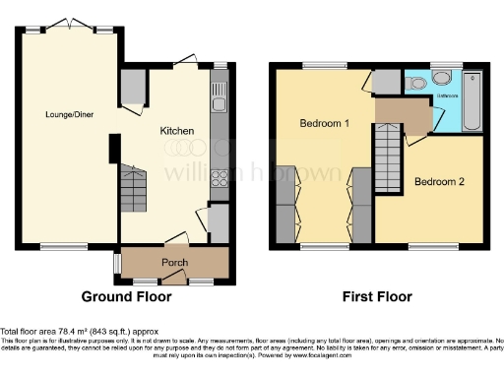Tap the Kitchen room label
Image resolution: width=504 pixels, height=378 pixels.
pyautogui.click(x=177, y=131)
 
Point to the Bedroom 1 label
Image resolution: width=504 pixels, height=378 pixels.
pyautogui.click(x=326, y=123)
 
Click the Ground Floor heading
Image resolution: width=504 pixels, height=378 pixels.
pyautogui.click(x=126, y=296)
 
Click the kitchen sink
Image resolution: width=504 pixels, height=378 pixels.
pyautogui.click(x=218, y=96)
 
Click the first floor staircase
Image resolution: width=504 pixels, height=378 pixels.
pyautogui.click(x=386, y=159)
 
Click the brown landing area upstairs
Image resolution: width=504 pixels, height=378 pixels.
pyautogui.click(x=405, y=114)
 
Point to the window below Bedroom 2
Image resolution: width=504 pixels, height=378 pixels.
pyautogui.click(x=427, y=245)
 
